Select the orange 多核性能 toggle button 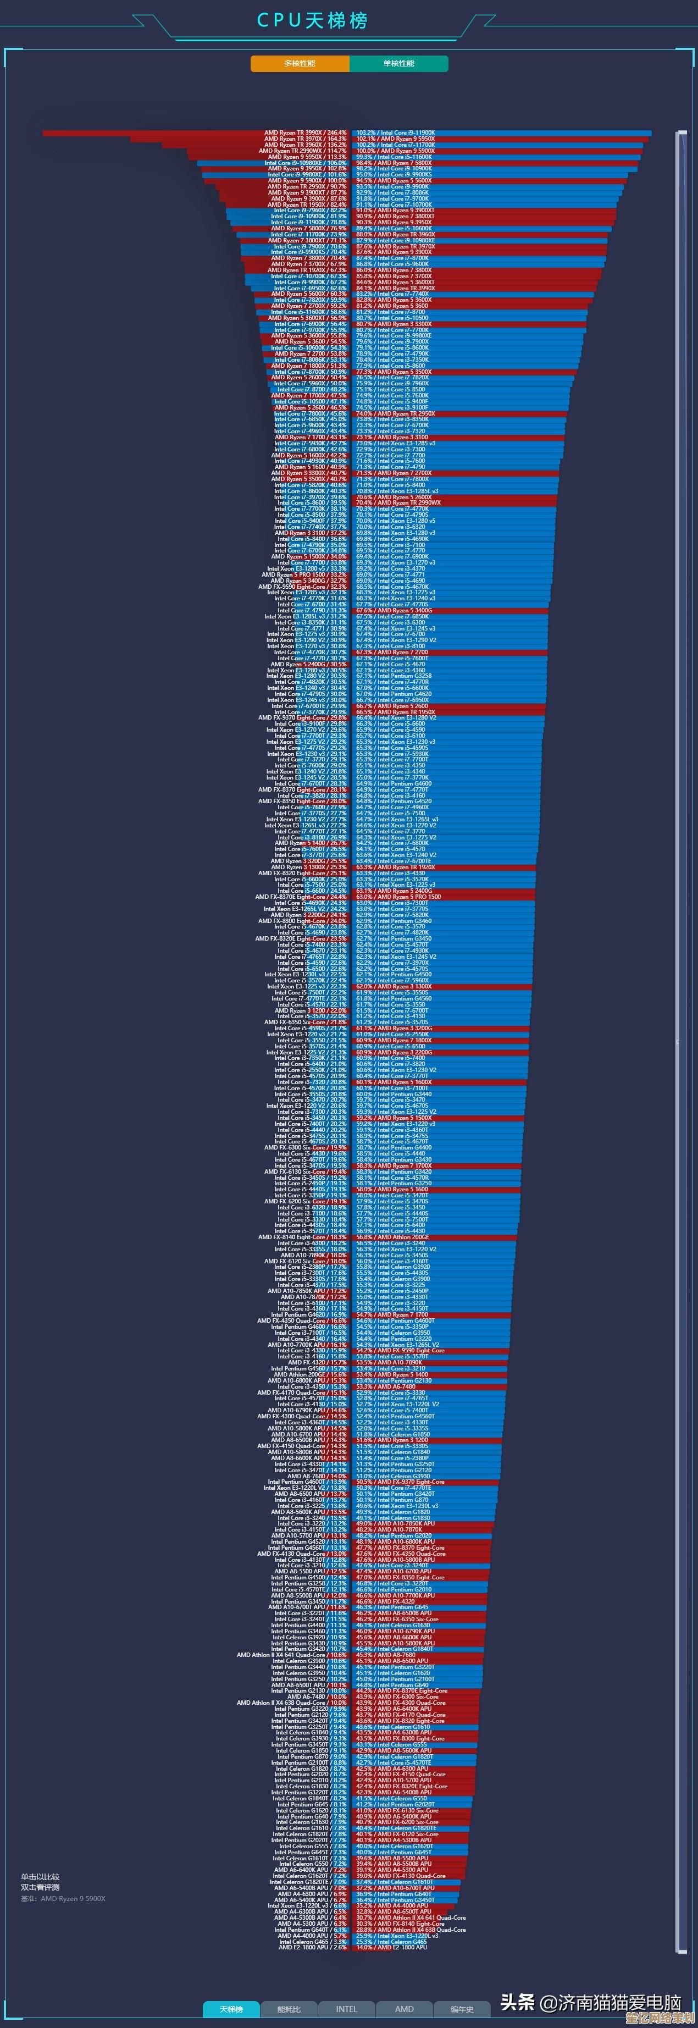point(300,63)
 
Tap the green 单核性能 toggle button point(399,63)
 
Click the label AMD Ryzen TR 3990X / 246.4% point(306,133)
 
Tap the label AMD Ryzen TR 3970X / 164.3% point(306,139)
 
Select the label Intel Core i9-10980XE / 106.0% point(306,163)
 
